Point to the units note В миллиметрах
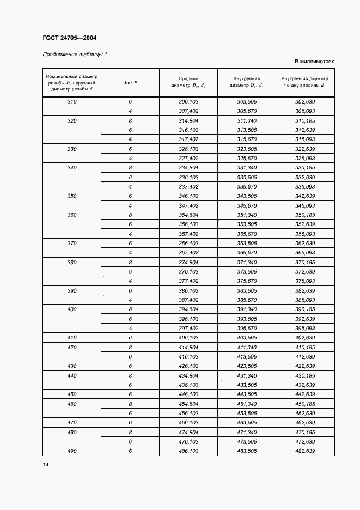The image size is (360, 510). pyautogui.click(x=314, y=62)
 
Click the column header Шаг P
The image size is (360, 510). pyautogui.click(x=130, y=82)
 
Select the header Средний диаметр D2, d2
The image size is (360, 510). pyautogui.click(x=188, y=82)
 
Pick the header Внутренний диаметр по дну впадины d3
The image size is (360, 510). pyautogui.click(x=305, y=82)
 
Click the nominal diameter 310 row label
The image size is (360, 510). pyautogui.click(x=72, y=102)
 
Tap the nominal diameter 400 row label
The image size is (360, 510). pyautogui.click(x=72, y=309)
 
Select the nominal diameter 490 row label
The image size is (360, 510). pyautogui.click(x=72, y=451)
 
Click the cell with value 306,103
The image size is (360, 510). pyautogui.click(x=188, y=102)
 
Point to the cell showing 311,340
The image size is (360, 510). pyautogui.click(x=247, y=120)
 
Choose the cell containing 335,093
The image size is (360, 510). pyautogui.click(x=305, y=186)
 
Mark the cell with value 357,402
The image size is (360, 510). pyautogui.click(x=188, y=234)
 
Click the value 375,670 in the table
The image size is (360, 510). pyautogui.click(x=247, y=281)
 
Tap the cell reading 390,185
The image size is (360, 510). pyautogui.click(x=305, y=309)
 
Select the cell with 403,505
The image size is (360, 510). pyautogui.click(x=247, y=338)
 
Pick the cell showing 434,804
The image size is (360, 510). pyautogui.click(x=188, y=376)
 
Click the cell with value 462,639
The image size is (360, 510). pyautogui.click(x=305, y=423)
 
